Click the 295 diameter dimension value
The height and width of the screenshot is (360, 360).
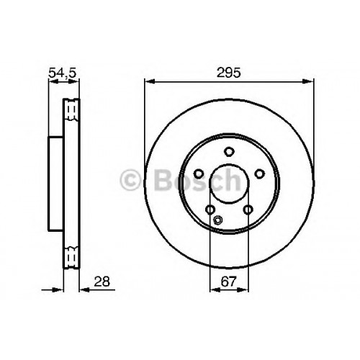(x=228, y=73)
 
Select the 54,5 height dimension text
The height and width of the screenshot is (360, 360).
(x=62, y=73)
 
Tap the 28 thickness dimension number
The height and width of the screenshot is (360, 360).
(x=102, y=282)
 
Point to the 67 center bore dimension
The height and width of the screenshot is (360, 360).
(x=229, y=282)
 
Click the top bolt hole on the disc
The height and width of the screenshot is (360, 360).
(x=229, y=151)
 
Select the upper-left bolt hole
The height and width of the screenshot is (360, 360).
(x=199, y=174)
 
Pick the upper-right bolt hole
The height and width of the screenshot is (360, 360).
(x=259, y=174)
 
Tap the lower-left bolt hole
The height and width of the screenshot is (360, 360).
(x=210, y=210)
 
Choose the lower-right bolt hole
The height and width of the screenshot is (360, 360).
(x=248, y=210)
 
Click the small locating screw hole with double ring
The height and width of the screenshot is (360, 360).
(x=217, y=220)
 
